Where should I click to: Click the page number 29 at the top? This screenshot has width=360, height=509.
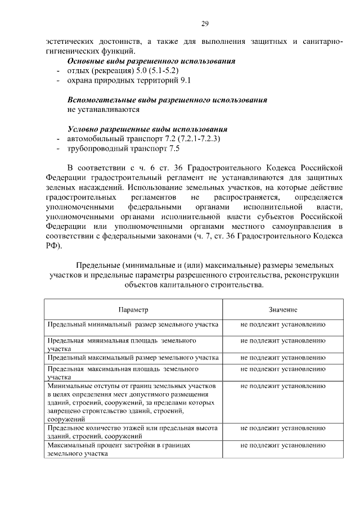(x=205, y=23)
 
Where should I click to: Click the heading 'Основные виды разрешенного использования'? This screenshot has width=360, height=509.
(x=151, y=61)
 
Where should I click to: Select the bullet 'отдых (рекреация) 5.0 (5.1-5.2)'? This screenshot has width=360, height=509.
(x=122, y=70)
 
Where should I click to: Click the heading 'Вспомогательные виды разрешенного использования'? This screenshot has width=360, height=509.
(x=166, y=100)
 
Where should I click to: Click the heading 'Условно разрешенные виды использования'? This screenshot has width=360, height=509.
(x=147, y=129)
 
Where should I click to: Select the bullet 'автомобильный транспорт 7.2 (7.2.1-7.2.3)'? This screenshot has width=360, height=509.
(x=144, y=138)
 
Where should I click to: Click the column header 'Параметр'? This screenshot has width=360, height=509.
(x=133, y=310)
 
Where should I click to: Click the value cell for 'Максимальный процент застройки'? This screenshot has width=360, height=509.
(x=283, y=445)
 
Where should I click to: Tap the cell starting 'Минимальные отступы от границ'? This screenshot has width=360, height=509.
(x=133, y=403)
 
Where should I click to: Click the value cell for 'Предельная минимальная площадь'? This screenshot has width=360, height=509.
(x=283, y=341)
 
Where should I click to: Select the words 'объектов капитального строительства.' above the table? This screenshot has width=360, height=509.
(x=194, y=285)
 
